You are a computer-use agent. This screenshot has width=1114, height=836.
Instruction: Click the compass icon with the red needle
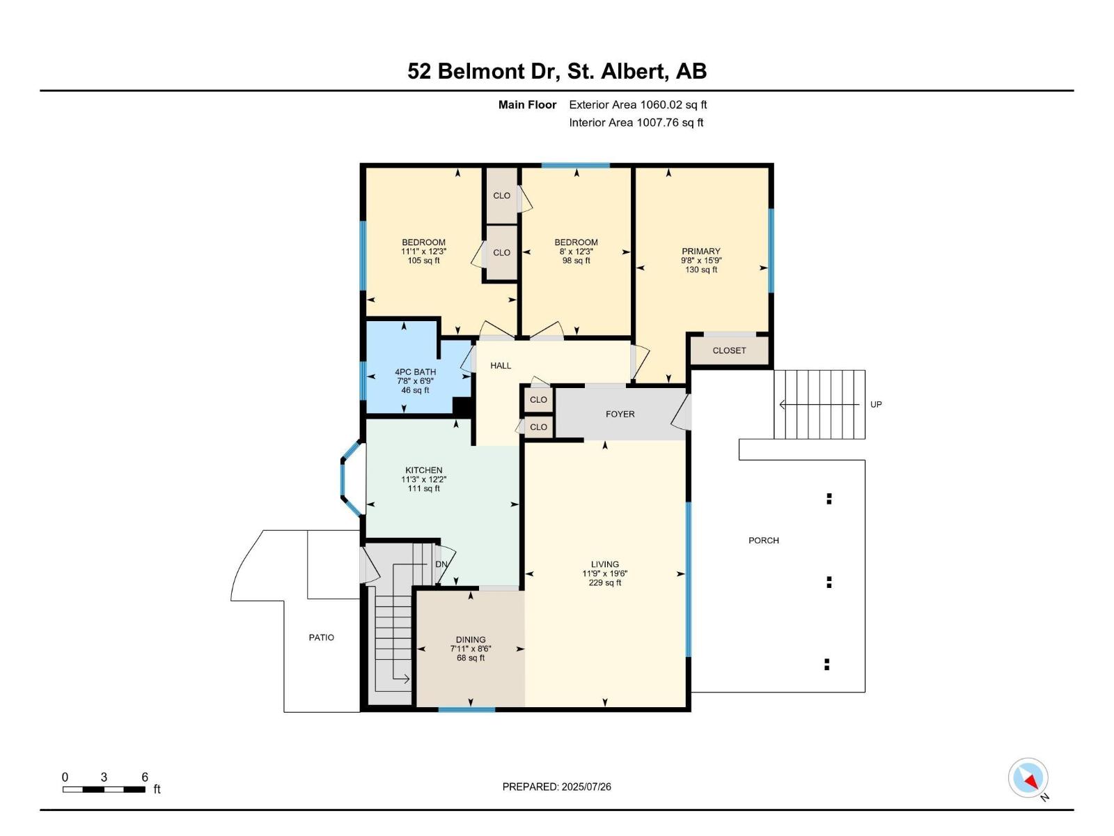[x=1028, y=777]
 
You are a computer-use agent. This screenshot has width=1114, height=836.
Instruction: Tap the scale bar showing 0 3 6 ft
[x=104, y=789]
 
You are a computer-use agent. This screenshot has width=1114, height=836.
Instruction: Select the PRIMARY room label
[x=701, y=251]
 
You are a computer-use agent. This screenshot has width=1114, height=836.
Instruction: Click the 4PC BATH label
[x=415, y=372]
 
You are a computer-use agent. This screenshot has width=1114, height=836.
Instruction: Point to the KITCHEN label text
[x=423, y=470]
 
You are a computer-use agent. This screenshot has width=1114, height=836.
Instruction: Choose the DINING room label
[x=471, y=640]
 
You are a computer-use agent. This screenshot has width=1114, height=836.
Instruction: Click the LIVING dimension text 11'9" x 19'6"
[x=604, y=574]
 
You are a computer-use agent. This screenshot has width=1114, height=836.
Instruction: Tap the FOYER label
[x=620, y=414]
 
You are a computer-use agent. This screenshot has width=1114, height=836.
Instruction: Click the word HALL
[x=501, y=366]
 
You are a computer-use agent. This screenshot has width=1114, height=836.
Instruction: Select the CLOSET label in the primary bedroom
[x=729, y=350]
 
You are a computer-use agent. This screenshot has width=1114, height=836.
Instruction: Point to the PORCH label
[x=763, y=541]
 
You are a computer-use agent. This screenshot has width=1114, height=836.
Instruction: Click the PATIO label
[x=321, y=637]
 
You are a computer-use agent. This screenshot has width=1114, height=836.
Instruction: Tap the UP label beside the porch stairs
[x=876, y=405]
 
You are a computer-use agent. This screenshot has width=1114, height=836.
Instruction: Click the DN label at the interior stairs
[x=441, y=564]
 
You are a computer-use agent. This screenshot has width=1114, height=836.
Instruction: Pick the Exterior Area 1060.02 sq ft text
[x=638, y=105]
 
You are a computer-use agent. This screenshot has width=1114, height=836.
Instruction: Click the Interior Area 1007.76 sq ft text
[x=636, y=123]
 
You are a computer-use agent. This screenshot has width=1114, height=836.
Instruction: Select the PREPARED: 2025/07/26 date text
[x=556, y=787]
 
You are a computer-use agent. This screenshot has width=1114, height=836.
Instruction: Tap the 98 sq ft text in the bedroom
[x=576, y=261]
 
